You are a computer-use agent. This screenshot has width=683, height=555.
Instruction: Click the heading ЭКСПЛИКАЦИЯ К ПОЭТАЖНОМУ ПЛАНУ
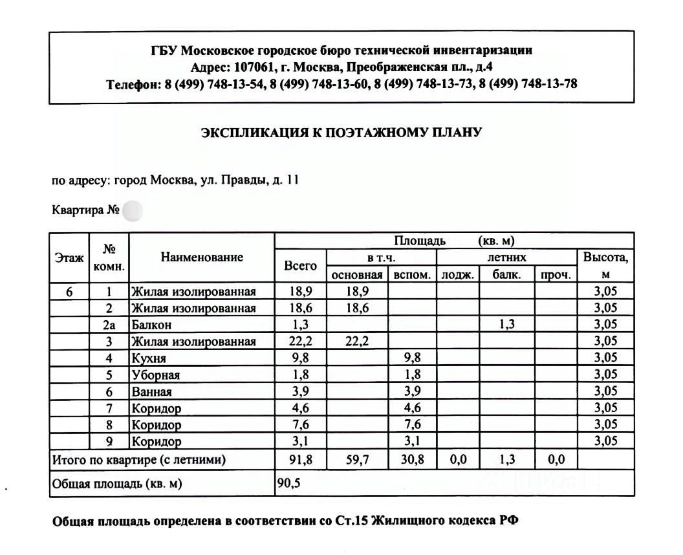pyautogui.click(x=341, y=133)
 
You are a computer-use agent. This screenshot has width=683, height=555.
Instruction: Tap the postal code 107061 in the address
pyautogui.click(x=254, y=67)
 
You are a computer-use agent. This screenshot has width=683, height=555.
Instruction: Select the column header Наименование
pyautogui.click(x=202, y=257)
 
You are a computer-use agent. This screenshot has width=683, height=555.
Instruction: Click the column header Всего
pyautogui.click(x=301, y=265)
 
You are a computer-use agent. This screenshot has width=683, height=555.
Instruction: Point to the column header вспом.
pyautogui.click(x=412, y=274)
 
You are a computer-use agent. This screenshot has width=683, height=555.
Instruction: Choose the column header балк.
pyautogui.click(x=506, y=274)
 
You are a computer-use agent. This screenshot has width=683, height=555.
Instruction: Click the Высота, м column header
pyautogui.click(x=605, y=265)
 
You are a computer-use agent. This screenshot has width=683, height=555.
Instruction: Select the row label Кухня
pyautogui.click(x=149, y=358)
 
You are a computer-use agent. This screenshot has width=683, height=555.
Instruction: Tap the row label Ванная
pyautogui.click(x=151, y=392)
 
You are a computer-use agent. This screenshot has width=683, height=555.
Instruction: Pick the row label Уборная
pyautogui.click(x=155, y=375)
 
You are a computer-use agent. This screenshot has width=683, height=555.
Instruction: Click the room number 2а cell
pyautogui.click(x=109, y=325)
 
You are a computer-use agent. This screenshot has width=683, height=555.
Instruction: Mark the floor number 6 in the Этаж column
pyautogui.click(x=69, y=291)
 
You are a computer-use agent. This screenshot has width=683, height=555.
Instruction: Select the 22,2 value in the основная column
pyautogui.click(x=357, y=342)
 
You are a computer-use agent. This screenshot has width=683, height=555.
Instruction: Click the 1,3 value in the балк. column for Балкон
pyautogui.click(x=506, y=325)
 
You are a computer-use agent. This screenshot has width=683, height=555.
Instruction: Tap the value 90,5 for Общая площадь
pyautogui.click(x=288, y=483)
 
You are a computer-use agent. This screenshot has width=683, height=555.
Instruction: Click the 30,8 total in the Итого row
pyautogui.click(x=412, y=460)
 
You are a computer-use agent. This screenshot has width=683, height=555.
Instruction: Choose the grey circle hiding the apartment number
pyautogui.click(x=132, y=211)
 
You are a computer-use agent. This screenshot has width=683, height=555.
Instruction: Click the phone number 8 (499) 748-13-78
pyautogui.click(x=528, y=83)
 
